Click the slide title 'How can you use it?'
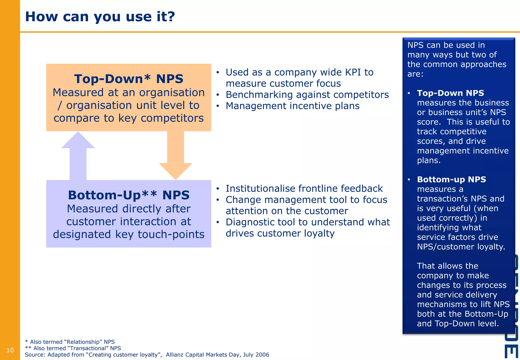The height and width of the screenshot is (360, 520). coord(100,17)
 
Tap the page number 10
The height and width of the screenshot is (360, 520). coord(10,350)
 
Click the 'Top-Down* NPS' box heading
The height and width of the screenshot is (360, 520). coord(129,79)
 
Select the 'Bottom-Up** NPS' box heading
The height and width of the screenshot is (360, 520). coord(129,195)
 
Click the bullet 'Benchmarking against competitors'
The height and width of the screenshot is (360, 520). coord(307,95)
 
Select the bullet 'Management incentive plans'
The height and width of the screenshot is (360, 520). coord(292,106)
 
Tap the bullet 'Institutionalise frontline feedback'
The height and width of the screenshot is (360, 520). coord(304,188)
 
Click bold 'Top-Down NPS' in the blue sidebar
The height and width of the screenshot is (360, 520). coord(450,93)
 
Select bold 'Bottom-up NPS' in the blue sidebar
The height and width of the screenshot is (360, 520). coord(451,179)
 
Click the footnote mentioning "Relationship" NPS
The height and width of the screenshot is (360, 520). coord(70,342)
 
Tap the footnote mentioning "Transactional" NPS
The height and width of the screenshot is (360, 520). coord(73,348)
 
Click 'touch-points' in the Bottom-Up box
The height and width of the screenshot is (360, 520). coord(171,234)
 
